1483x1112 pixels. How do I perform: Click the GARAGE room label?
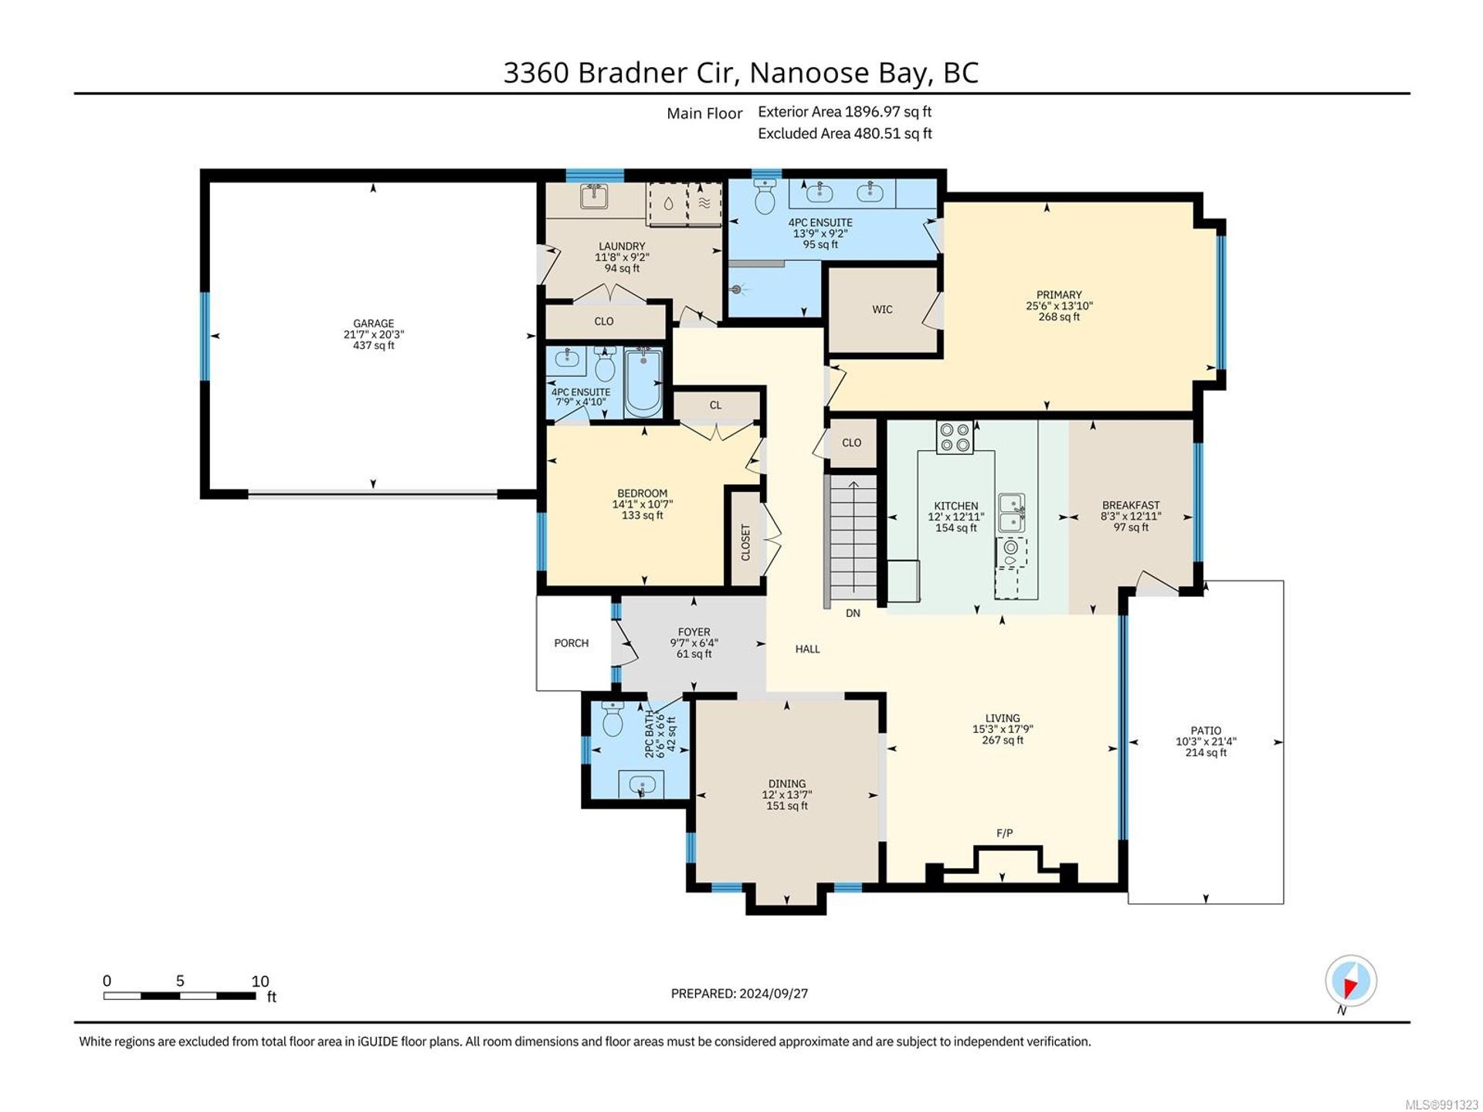coord(374,324)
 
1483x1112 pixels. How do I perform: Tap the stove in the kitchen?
coord(955,437)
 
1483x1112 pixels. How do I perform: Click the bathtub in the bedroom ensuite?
coord(643,382)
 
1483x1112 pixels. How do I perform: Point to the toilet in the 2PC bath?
coord(613,719)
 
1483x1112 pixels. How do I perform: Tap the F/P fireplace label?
coord(1004,833)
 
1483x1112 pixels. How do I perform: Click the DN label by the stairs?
coord(853,613)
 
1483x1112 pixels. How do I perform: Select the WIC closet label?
coord(882,310)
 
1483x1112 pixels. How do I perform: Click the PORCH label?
coord(572,643)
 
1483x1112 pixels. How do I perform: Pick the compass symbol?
coord(1351,981)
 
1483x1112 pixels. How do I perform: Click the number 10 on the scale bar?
coord(260,981)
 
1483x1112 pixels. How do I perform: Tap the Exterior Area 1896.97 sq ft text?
coord(845,112)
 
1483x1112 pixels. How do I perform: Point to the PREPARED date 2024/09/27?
coord(774,994)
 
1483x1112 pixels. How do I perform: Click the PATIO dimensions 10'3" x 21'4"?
coord(1206,741)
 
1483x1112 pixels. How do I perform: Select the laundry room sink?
coord(594,197)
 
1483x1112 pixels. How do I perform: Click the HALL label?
coord(808,649)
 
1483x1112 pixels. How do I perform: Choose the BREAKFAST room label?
coord(1131,506)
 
